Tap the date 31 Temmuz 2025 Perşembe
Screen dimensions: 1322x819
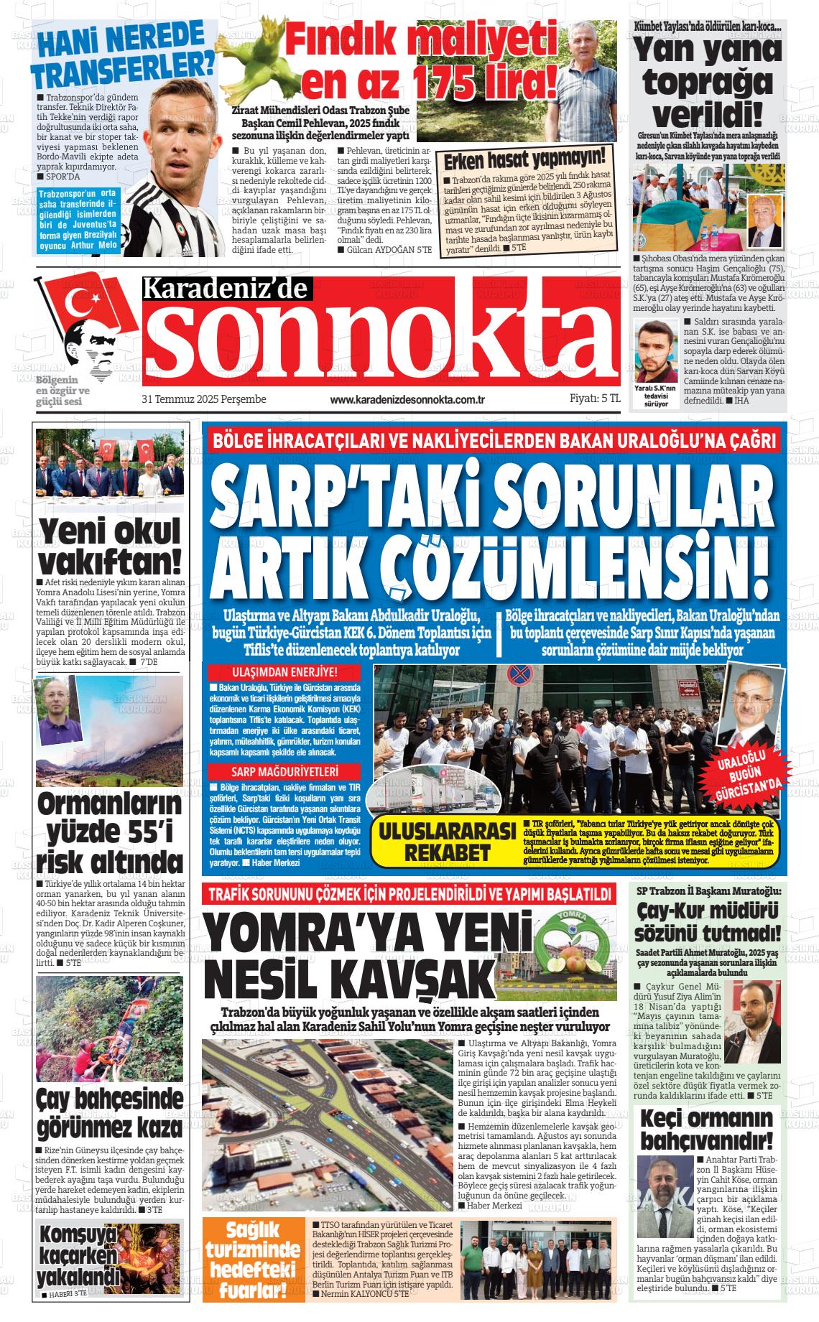pyautogui.click(x=204, y=399)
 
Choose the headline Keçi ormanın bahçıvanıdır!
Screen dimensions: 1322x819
pyautogui.click(x=708, y=1130)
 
